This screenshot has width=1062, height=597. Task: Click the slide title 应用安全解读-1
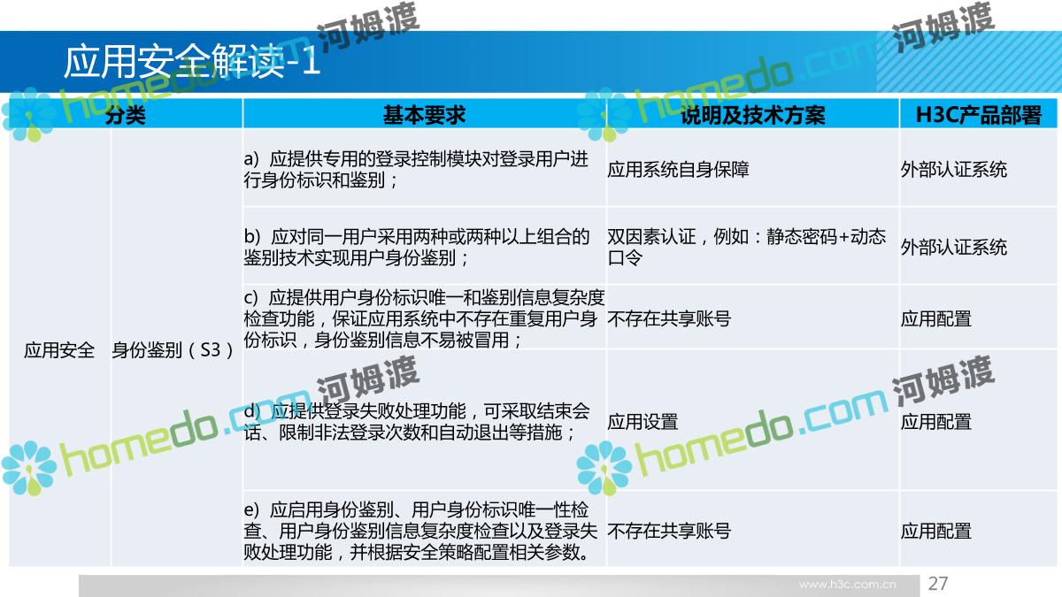coord(192,62)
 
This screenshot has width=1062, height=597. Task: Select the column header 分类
coord(126,115)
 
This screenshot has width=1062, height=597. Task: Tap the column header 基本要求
coord(424,115)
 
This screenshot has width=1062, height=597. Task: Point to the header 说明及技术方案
coord(753,115)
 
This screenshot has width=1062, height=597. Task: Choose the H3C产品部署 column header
coord(978,115)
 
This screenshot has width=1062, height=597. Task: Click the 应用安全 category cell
coord(59,350)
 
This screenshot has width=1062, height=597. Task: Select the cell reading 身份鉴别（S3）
coord(173,350)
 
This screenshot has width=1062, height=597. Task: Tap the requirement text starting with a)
coord(416,169)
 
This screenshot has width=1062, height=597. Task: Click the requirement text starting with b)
coord(417,247)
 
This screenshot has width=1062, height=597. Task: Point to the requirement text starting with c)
coord(424,318)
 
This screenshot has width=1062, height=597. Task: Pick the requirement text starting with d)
coord(417,421)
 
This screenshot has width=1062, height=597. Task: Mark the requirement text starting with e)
coord(420,531)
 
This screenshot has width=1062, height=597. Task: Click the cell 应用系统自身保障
coord(679,169)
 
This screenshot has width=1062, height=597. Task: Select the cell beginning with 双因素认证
coord(747,247)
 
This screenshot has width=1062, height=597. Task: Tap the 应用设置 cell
coord(643,422)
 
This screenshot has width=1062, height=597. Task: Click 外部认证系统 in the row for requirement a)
coord(954,169)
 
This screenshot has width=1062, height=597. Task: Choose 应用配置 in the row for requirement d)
coord(936,422)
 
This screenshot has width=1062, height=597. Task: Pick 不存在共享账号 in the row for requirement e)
coord(669,531)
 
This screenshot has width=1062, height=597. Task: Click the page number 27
coord(938,583)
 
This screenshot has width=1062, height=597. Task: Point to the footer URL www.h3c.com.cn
coord(848,585)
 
